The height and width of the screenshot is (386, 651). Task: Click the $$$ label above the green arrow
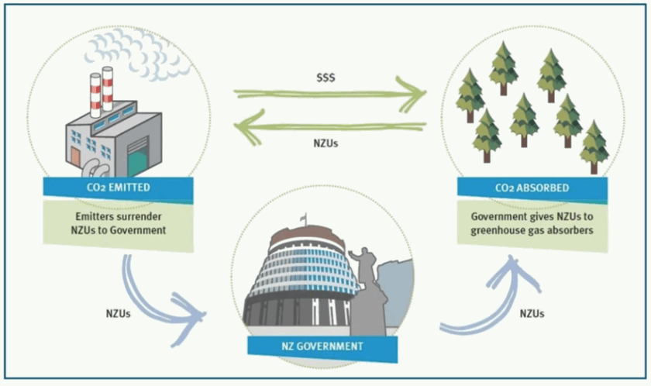tap(325, 78)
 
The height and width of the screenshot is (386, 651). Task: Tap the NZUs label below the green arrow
tap(326, 143)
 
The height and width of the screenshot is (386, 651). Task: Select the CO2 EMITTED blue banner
tap(119, 189)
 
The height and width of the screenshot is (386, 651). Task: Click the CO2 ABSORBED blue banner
tap(532, 189)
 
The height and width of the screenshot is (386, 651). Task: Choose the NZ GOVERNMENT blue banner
tap(322, 348)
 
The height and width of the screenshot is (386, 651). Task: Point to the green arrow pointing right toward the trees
tap(330, 95)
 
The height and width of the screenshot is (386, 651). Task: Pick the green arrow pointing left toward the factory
tap(330, 127)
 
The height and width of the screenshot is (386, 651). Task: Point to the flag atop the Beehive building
tap(304, 219)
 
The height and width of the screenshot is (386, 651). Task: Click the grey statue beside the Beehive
tap(365, 291)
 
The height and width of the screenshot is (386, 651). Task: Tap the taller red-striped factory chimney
tap(108, 89)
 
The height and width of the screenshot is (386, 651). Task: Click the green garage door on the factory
tap(137, 157)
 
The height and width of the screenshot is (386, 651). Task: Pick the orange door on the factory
tap(75, 157)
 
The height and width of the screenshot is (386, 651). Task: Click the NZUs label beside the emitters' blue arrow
tap(119, 313)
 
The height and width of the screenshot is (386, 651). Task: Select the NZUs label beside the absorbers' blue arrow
tap(532, 313)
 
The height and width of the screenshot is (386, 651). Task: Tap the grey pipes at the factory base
tap(94, 169)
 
